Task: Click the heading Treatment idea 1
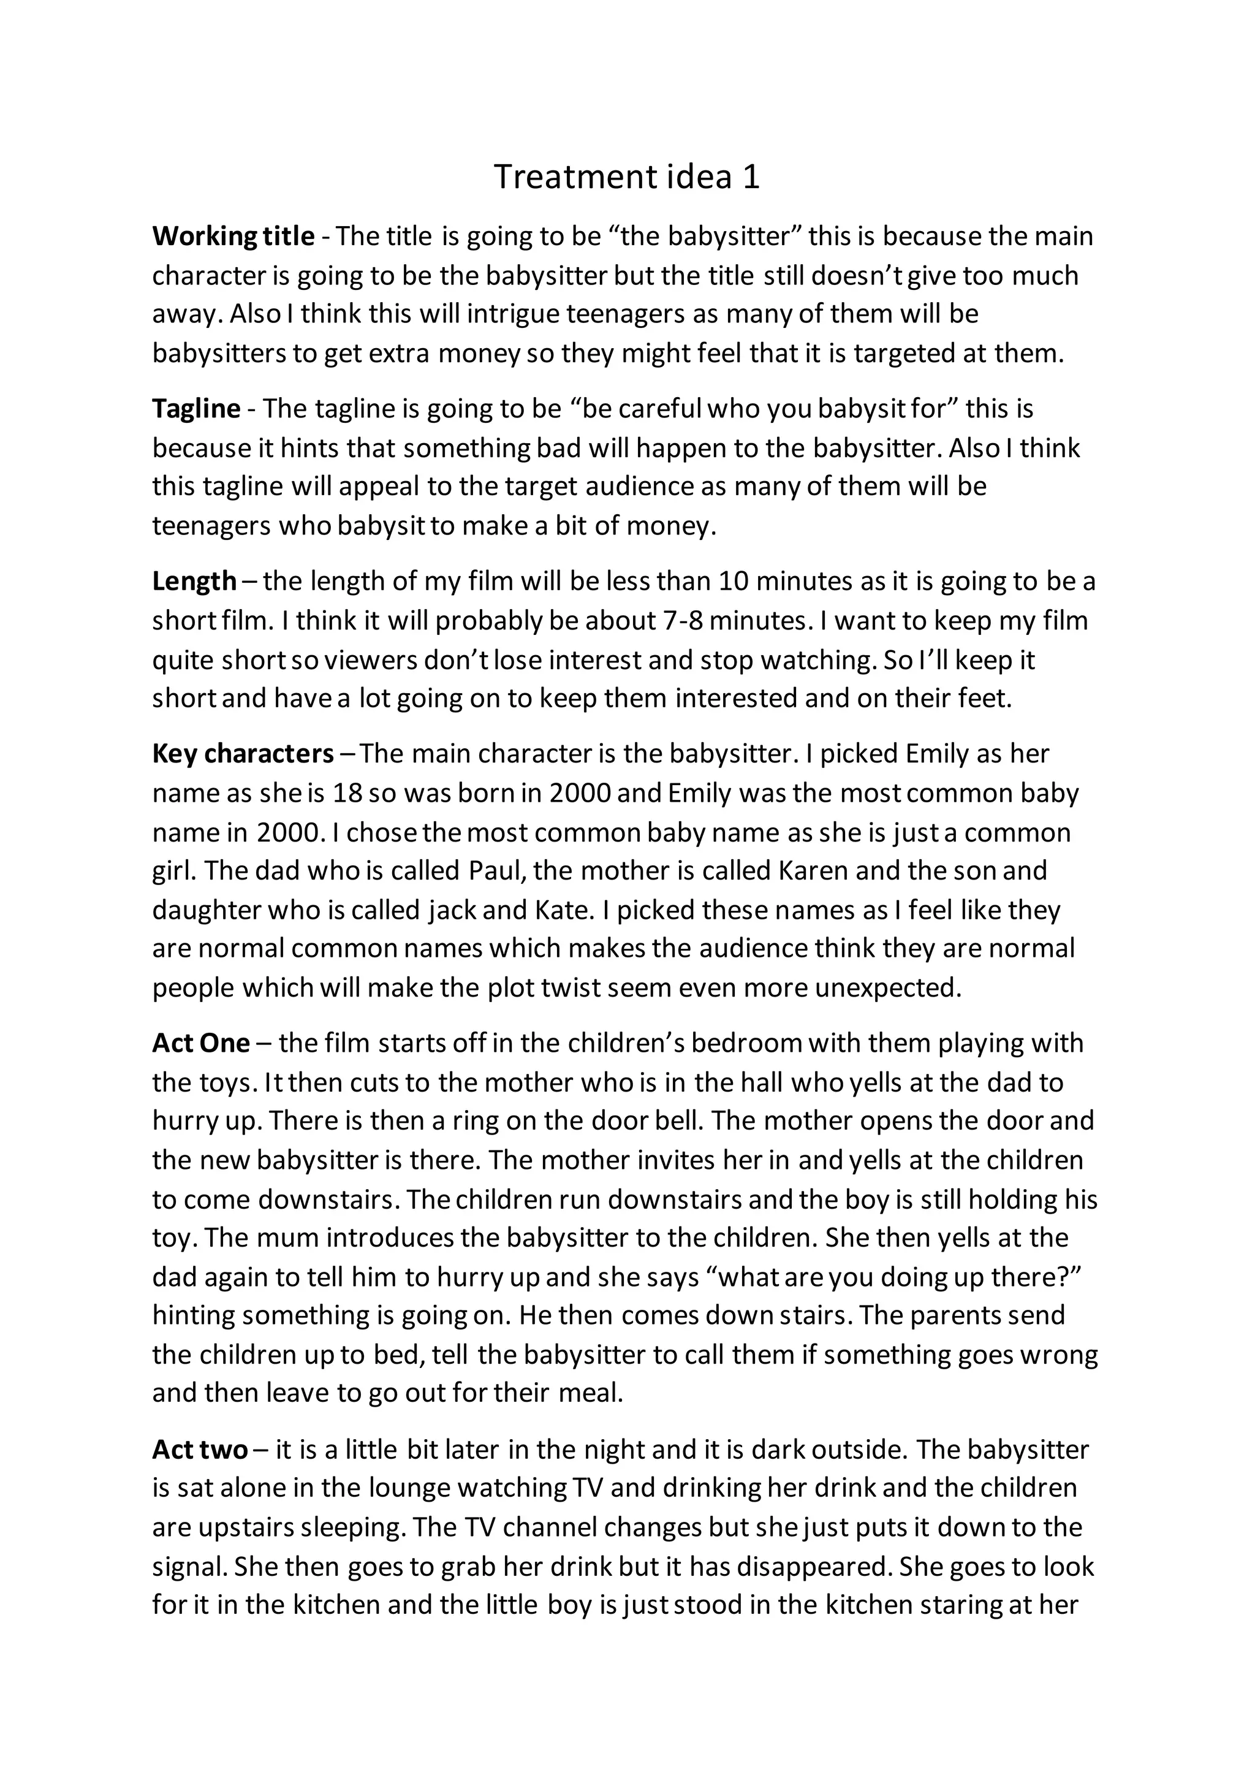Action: coord(627,177)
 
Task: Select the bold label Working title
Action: coord(233,237)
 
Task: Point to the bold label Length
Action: coord(194,580)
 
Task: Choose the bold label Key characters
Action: coord(243,754)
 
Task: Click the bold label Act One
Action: coord(201,1044)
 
